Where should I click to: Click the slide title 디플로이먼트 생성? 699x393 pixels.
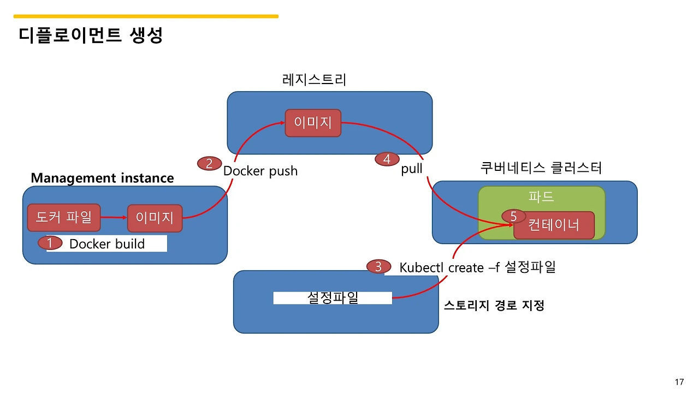(91, 36)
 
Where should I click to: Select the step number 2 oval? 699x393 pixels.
(209, 163)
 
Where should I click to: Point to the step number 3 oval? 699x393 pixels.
(378, 267)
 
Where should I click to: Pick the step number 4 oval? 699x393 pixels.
(387, 159)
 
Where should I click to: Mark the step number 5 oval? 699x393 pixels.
(513, 217)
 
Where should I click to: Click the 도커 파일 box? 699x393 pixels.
(64, 218)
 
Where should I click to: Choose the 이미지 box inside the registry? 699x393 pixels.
(313, 123)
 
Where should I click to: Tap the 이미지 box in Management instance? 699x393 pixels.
(155, 218)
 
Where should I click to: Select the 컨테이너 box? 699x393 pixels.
(554, 225)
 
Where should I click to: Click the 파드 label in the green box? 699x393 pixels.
(541, 196)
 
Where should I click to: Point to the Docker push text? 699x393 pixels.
(260, 171)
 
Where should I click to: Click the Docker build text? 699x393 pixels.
(107, 244)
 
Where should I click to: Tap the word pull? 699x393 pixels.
(412, 169)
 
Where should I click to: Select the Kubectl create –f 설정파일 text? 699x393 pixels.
(477, 267)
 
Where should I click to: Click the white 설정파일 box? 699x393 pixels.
(333, 298)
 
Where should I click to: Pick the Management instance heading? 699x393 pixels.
(102, 178)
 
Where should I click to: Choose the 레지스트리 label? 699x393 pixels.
(314, 80)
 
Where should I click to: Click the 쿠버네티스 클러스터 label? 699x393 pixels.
(541, 168)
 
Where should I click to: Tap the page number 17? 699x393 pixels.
(679, 382)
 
